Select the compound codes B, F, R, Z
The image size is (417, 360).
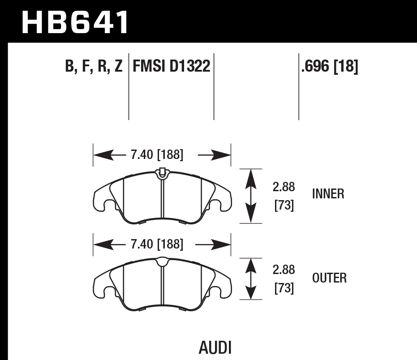click(x=94, y=67)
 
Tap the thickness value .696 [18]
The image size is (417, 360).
click(x=330, y=67)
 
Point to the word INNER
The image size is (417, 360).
click(x=328, y=194)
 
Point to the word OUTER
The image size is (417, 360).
click(x=329, y=278)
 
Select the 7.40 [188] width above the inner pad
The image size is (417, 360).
click(x=157, y=155)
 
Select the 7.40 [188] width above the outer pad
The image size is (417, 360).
click(x=157, y=244)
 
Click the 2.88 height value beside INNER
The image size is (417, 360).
click(x=284, y=187)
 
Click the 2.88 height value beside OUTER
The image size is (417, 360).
click(x=284, y=270)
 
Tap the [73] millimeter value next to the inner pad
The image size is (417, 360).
click(x=284, y=206)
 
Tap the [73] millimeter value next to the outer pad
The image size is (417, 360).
click(x=284, y=289)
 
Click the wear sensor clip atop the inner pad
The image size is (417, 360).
click(x=162, y=172)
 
